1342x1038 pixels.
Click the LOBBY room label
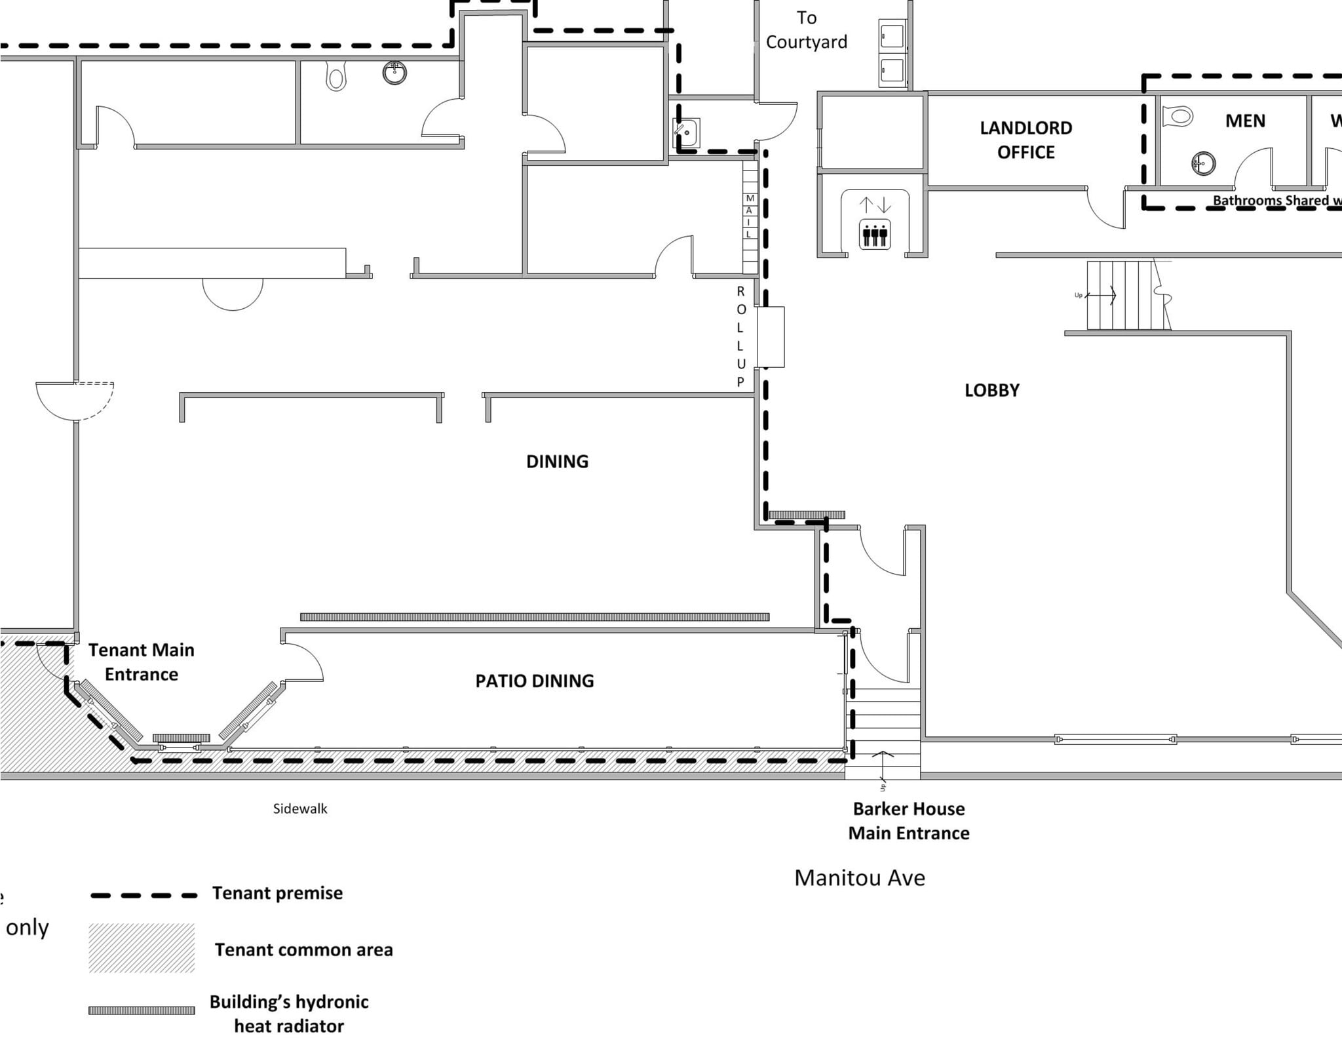991,390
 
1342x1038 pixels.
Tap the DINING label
557,462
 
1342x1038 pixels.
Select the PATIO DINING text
535,681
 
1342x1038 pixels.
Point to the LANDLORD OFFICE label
1026,140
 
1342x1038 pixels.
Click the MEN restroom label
1245,121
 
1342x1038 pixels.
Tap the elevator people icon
875,234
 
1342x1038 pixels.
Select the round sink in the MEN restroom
1203,163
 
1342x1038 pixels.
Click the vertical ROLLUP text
740,336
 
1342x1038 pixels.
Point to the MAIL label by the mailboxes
749,216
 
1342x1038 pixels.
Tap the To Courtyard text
806,30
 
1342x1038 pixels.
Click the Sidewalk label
300,808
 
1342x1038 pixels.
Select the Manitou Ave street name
859,877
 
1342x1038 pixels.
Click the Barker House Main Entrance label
908,820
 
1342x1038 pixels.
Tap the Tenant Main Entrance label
142,662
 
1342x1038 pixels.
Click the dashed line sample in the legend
144,895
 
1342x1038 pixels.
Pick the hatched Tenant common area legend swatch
142,948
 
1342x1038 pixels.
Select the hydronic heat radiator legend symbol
142,1010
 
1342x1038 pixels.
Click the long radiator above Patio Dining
534,617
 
